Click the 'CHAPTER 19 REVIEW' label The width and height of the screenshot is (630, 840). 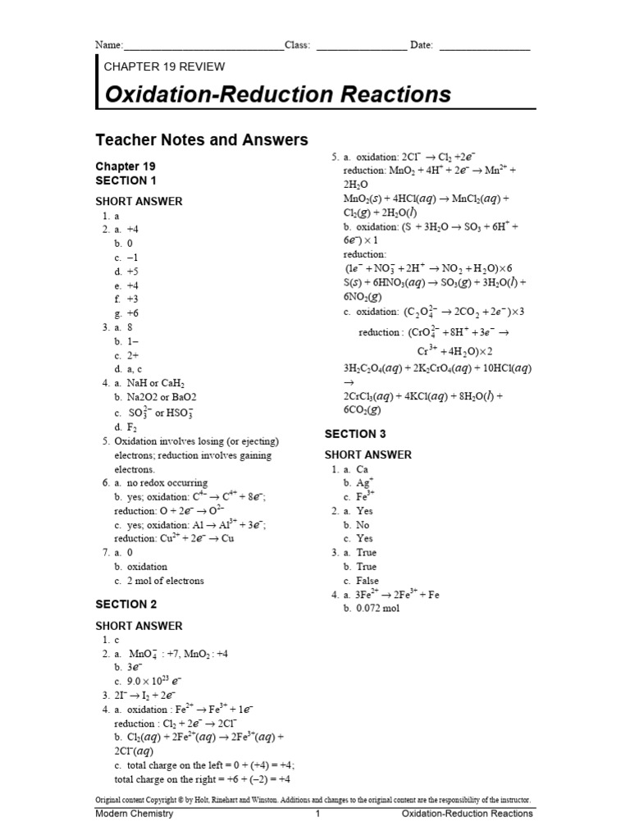(x=164, y=66)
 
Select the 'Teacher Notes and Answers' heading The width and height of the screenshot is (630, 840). (x=202, y=140)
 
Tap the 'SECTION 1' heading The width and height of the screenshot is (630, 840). (x=126, y=180)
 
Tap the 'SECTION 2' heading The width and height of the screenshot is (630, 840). (x=126, y=605)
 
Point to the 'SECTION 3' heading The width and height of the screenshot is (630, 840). (x=355, y=433)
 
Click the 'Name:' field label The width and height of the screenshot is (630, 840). (x=109, y=45)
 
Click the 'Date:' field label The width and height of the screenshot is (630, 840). (x=421, y=45)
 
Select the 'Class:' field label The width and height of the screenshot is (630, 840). (x=297, y=45)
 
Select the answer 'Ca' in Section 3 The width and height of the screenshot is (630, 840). (x=362, y=469)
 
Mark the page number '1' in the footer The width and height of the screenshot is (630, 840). (x=317, y=814)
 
